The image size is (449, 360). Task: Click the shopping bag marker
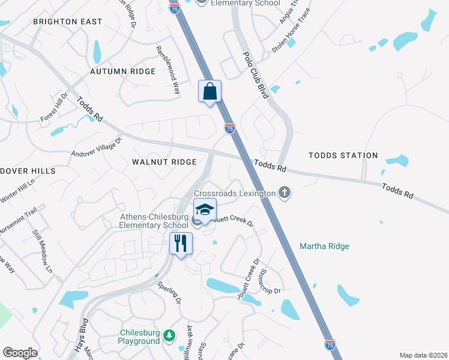pyautogui.click(x=210, y=92)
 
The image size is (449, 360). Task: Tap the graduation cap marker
pyautogui.click(x=205, y=211)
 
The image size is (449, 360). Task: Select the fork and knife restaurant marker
pyautogui.click(x=181, y=244)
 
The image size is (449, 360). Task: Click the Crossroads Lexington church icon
pyautogui.click(x=285, y=193)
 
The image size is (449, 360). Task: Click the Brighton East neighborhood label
pyautogui.click(x=68, y=22)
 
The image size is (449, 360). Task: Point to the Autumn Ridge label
pyautogui.click(x=122, y=71)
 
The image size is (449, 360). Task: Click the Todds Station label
pyautogui.click(x=343, y=155)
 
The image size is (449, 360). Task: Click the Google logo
pyautogui.click(x=20, y=352)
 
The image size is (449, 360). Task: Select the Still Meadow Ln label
pyautogui.click(x=43, y=250)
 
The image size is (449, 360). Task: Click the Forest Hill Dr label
pyautogui.click(x=55, y=106)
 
